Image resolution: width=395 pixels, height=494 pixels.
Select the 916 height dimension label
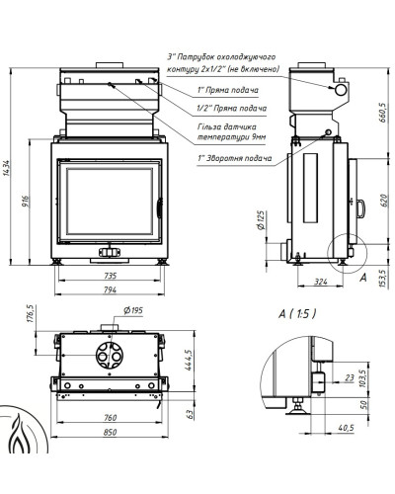tap(26, 202)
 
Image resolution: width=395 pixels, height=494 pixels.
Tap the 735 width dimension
tap(110, 276)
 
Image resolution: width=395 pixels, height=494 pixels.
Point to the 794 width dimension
tap(110, 289)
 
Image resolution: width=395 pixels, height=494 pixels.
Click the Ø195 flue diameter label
tap(133, 310)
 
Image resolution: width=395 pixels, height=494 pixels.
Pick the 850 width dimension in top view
tap(110, 432)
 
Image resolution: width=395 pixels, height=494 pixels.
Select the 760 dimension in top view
tap(110, 418)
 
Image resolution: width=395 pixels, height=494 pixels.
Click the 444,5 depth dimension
tap(189, 360)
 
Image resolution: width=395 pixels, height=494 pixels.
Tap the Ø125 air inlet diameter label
tap(261, 220)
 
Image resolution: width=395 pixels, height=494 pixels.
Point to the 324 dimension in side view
tap(321, 282)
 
